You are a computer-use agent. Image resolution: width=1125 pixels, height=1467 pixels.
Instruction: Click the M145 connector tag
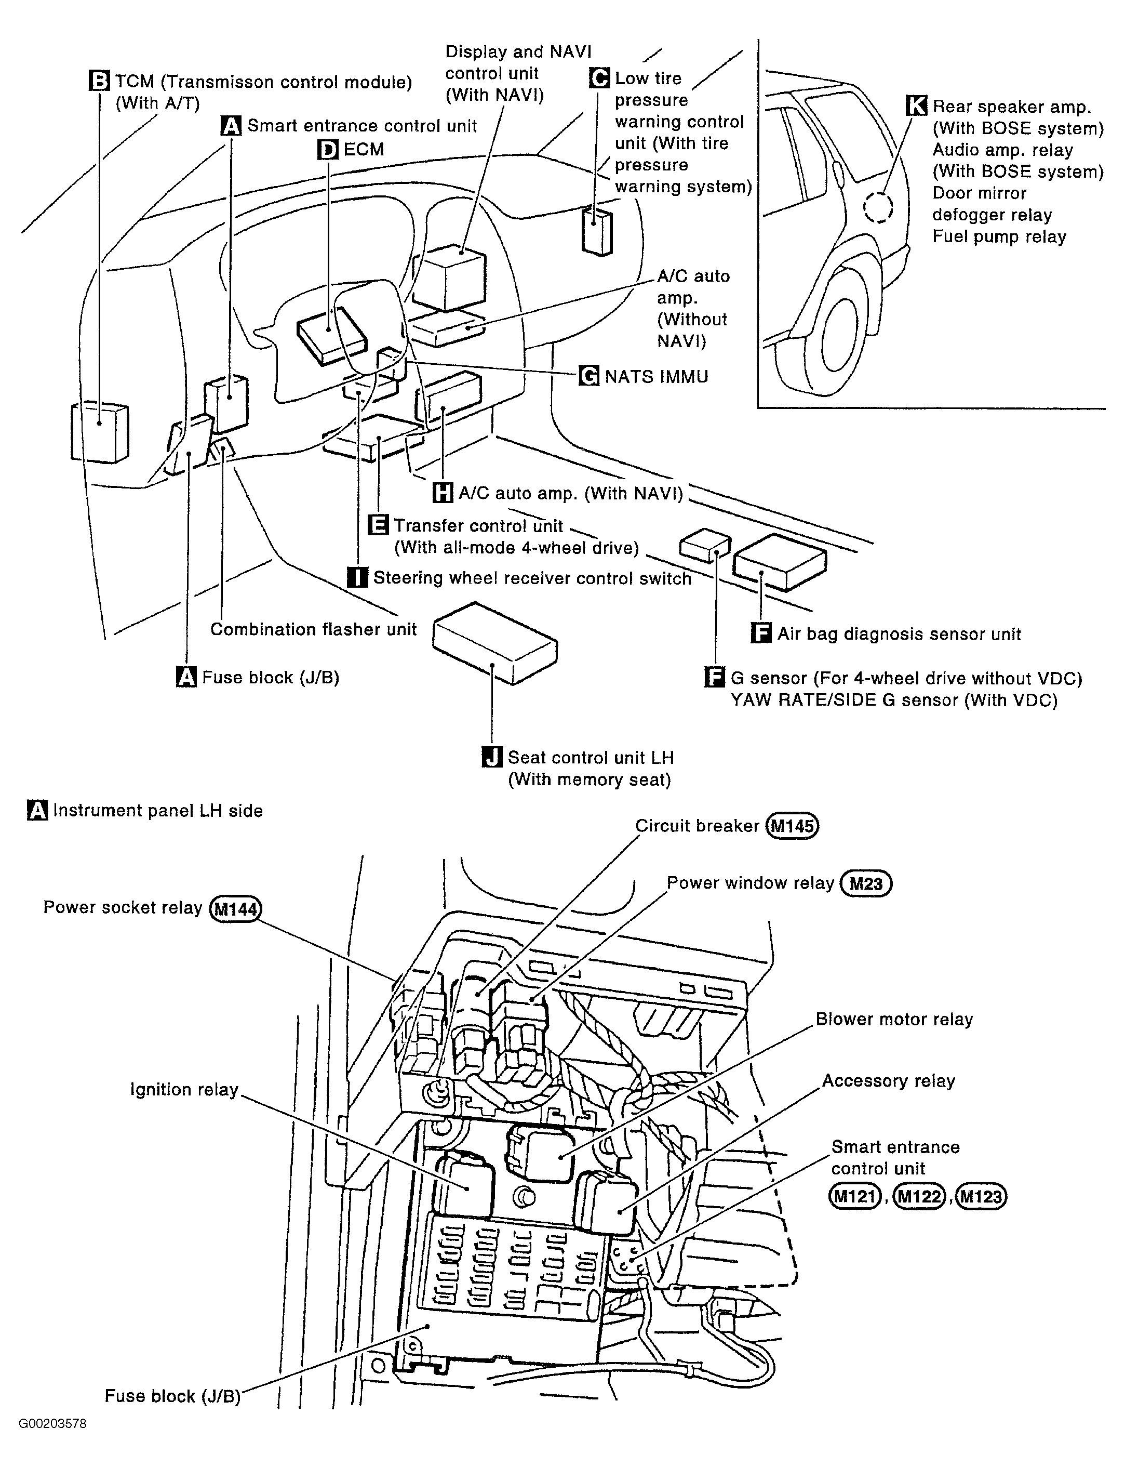[793, 826]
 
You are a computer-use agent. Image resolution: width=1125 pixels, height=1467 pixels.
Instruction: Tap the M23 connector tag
[866, 883]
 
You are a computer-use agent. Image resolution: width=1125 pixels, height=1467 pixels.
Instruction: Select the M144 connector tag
[236, 909]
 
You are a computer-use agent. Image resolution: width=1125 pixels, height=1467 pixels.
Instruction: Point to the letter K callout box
[916, 106]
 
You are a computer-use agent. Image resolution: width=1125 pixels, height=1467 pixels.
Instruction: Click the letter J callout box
[492, 758]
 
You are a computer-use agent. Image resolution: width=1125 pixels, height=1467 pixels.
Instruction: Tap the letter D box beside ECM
[327, 149]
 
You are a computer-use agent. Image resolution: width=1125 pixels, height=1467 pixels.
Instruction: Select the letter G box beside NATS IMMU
[588, 376]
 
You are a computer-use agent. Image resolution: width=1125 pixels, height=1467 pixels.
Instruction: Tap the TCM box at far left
[99, 431]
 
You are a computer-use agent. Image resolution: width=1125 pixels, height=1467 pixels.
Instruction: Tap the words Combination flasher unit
[313, 630]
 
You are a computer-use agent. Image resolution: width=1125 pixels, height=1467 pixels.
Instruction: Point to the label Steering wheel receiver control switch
[532, 578]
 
